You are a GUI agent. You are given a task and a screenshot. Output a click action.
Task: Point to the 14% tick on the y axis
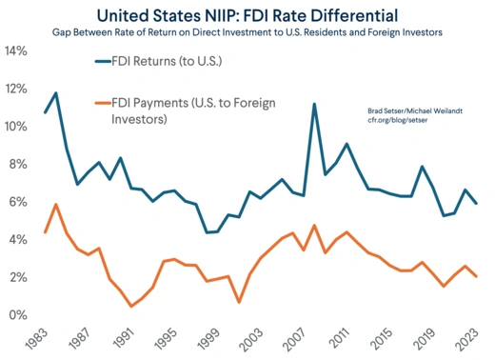(19, 50)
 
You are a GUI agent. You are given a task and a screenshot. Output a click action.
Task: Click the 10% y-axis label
(19, 126)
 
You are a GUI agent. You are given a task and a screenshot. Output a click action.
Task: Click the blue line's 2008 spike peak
(314, 104)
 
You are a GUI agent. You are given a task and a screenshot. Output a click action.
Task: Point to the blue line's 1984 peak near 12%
(56, 92)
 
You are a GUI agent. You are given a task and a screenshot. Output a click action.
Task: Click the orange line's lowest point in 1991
(131, 306)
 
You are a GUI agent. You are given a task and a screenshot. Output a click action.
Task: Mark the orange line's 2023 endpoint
(476, 276)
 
